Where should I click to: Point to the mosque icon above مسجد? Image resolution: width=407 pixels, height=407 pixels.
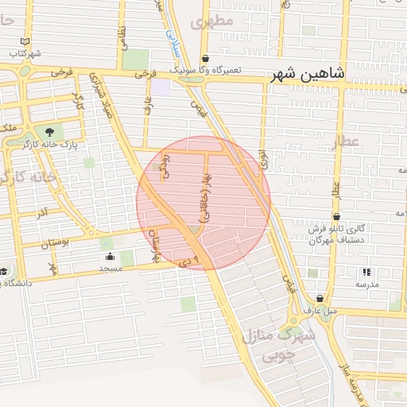[x=110, y=257]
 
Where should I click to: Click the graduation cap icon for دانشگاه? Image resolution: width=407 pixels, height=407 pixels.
[x=4, y=272]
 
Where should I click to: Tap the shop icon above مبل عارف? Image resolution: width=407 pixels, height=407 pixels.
[x=320, y=299]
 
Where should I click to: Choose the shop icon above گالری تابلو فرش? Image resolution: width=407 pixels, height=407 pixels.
[x=337, y=216]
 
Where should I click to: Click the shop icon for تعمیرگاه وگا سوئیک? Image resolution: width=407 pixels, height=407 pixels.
[x=206, y=58]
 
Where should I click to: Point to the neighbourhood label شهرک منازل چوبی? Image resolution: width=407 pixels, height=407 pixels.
[x=280, y=344]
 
